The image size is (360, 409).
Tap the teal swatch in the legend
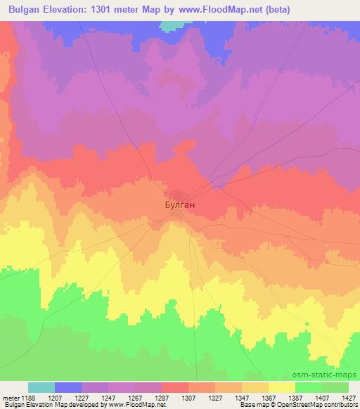tap(41, 387)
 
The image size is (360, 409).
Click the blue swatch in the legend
tap(68, 387)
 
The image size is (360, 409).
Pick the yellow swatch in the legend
tap(282, 387)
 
